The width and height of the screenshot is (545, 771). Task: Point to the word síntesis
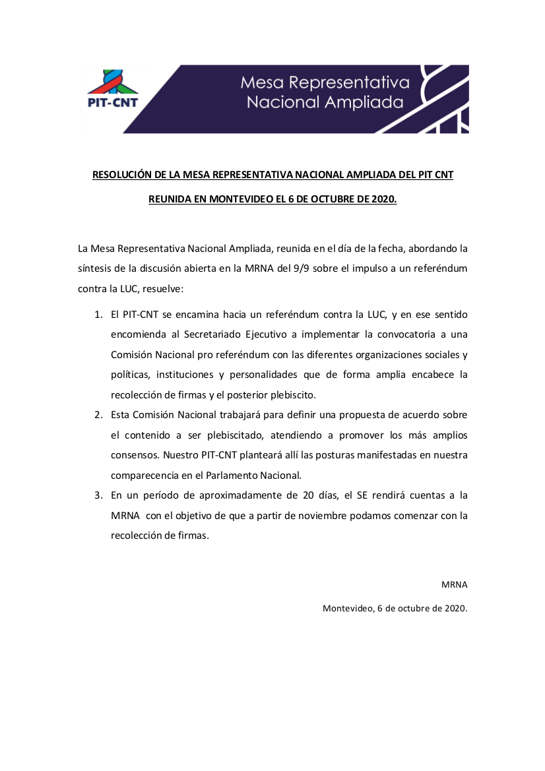96,268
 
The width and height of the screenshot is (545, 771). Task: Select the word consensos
135,455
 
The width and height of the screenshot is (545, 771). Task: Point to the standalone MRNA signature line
454,585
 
